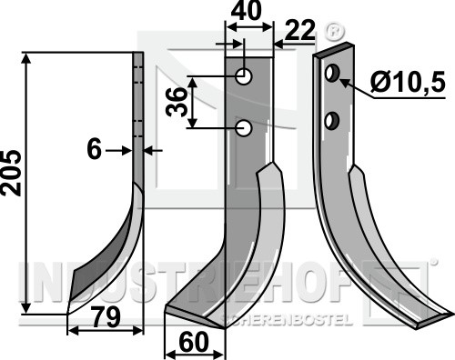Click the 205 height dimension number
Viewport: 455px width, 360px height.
(x=11, y=173)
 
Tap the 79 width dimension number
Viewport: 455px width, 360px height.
(x=106, y=317)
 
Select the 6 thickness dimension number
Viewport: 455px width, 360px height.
(x=94, y=150)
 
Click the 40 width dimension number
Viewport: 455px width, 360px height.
(x=246, y=11)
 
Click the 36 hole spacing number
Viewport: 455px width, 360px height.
(x=177, y=102)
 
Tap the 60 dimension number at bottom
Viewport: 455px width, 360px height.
(x=194, y=343)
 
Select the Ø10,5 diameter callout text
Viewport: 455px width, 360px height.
(x=408, y=82)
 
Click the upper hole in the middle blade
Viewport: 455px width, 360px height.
(x=244, y=76)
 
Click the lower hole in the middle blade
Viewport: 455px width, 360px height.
(x=244, y=128)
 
